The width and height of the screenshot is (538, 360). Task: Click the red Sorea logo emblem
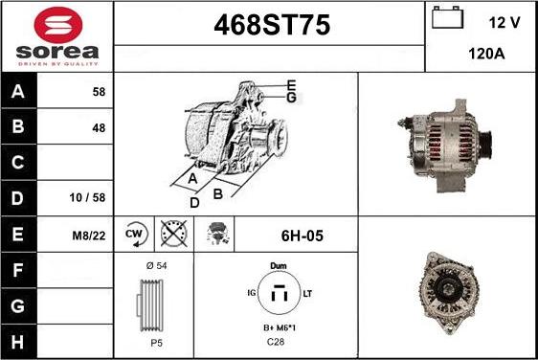[58, 25]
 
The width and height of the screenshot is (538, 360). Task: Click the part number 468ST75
[272, 25]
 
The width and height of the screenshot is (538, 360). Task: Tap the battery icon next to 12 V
[447, 17]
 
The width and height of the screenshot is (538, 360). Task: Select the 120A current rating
[486, 54]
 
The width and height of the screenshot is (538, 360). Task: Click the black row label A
[18, 91]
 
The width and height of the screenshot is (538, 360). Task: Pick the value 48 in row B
[99, 128]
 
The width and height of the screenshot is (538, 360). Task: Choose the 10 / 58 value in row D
[87, 197]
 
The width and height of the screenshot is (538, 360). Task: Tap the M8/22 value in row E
[89, 236]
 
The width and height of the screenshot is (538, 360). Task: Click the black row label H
[18, 342]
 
